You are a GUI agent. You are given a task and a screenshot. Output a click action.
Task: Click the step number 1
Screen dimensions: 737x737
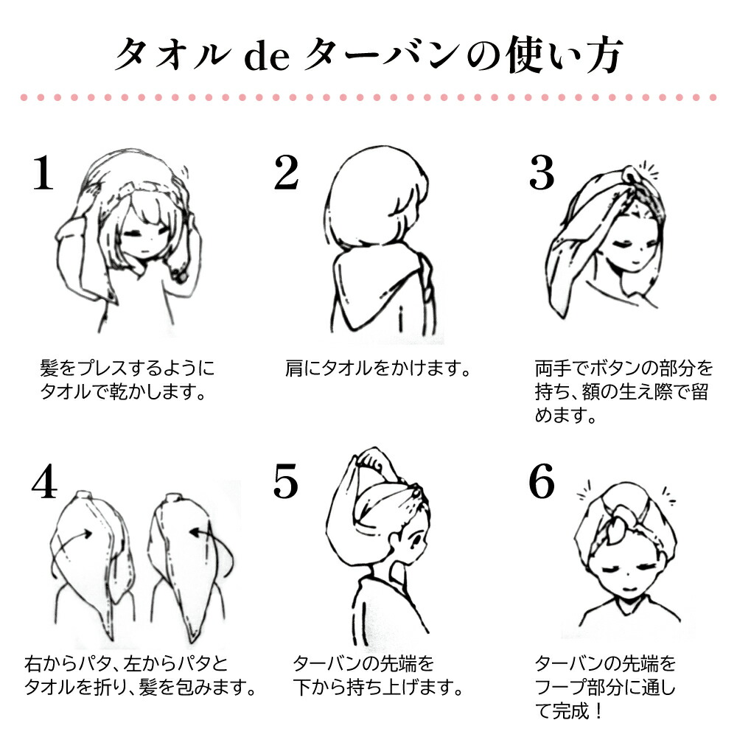(43, 173)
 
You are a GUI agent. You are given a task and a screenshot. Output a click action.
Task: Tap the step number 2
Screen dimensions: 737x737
(286, 173)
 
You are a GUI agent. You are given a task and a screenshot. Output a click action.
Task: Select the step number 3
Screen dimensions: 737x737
(542, 173)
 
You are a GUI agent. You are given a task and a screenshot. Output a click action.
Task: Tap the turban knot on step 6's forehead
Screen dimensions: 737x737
(620, 525)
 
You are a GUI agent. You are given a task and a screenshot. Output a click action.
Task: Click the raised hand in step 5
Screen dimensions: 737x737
(371, 458)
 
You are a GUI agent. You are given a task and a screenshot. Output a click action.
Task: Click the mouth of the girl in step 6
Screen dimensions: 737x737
(629, 589)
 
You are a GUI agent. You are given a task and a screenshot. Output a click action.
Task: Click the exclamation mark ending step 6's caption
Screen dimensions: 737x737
(598, 710)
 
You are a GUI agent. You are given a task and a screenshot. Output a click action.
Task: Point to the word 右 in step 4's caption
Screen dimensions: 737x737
(33, 664)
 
